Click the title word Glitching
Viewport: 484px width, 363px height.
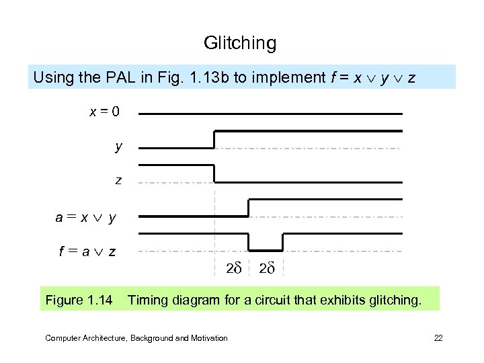240,44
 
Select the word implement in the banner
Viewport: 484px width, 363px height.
278,77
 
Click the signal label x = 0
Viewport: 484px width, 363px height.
104,111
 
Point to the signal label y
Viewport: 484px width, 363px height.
118,146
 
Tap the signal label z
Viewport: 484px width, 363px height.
118,180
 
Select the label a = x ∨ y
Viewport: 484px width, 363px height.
85,217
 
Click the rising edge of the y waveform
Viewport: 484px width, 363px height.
214,139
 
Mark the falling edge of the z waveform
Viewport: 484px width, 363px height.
214,173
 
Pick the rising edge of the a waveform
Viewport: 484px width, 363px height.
249,208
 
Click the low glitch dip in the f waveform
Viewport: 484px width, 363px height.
266,249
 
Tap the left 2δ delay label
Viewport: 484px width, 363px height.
233,269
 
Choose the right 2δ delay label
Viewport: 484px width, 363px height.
267,269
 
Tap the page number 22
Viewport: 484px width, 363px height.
438,338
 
